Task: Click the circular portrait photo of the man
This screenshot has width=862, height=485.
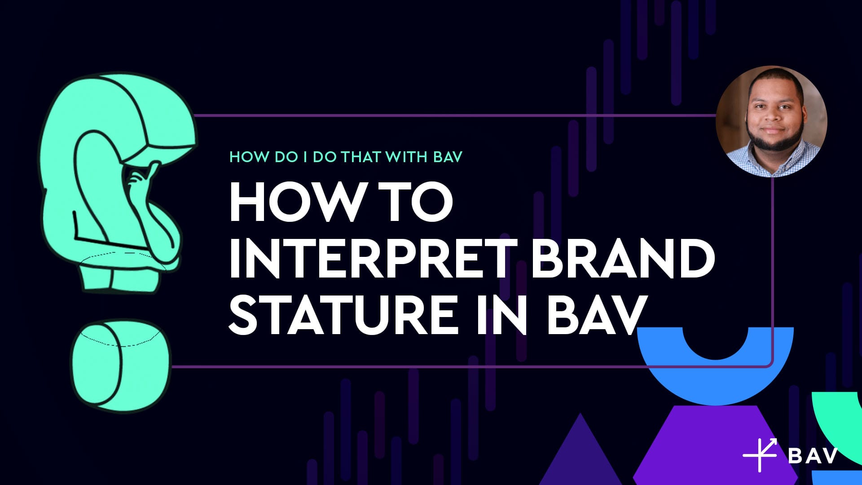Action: click(x=771, y=121)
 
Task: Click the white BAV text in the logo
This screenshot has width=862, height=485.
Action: click(x=813, y=455)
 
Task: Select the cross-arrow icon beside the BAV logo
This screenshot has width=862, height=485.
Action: click(x=760, y=454)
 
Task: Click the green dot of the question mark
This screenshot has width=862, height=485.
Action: click(x=121, y=366)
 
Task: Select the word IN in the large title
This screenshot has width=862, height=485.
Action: click(x=501, y=314)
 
